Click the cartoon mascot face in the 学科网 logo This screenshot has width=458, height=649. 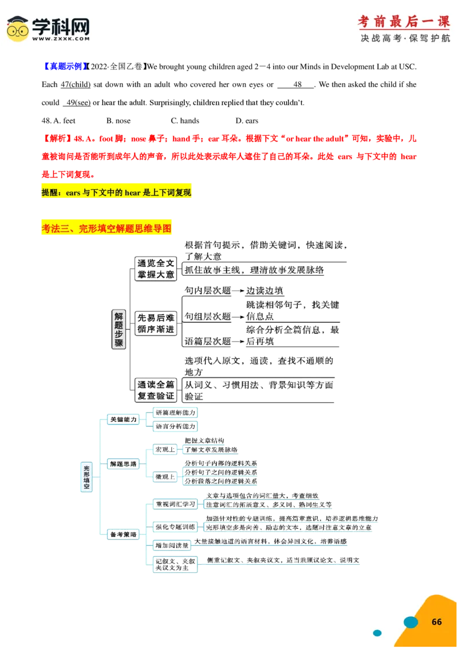[18, 29]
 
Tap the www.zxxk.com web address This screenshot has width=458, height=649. [61, 39]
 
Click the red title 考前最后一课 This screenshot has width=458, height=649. [404, 21]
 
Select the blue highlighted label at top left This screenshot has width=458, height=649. [65, 67]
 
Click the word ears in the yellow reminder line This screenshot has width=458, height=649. [73, 193]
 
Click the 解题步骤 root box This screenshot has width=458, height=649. [119, 330]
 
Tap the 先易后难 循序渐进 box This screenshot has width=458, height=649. [155, 323]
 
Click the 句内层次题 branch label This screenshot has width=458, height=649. [207, 291]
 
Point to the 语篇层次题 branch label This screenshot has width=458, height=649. [207, 341]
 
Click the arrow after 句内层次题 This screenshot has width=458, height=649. [239, 291]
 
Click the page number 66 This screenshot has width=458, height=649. [436, 622]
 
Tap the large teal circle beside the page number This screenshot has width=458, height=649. [410, 622]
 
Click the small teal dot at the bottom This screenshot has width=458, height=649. [377, 633]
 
